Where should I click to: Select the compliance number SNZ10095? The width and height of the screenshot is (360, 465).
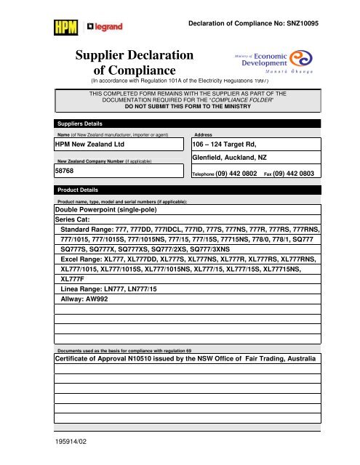(318, 23)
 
